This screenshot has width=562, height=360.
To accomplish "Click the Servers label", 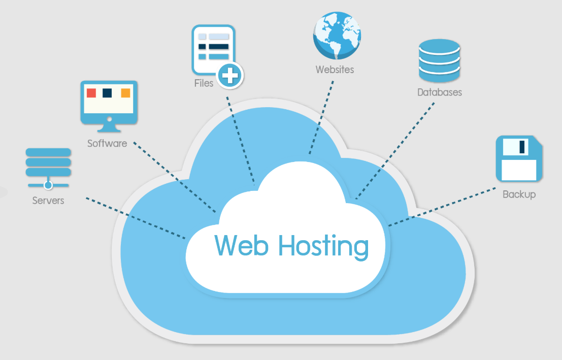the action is (x=48, y=201).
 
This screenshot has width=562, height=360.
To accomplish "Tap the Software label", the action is (x=107, y=143).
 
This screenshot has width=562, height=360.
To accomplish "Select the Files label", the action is (x=204, y=83).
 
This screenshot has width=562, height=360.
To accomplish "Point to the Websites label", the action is (x=335, y=70).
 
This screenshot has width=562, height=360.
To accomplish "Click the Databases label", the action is (x=440, y=92).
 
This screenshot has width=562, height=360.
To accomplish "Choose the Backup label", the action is (x=519, y=194).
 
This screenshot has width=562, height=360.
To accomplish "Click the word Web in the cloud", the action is (x=241, y=246).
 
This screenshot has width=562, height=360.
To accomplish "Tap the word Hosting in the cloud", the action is (x=324, y=247).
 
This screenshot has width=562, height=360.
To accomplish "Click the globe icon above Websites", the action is (x=337, y=35).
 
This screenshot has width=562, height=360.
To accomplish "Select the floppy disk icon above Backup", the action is (x=519, y=158).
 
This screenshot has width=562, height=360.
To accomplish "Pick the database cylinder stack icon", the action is (x=440, y=60).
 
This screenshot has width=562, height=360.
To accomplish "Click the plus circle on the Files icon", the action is (x=230, y=76).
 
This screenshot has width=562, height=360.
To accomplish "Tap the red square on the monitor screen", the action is (x=91, y=93).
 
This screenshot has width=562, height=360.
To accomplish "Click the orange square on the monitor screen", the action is (x=125, y=93).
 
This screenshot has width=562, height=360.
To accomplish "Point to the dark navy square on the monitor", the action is (x=107, y=93).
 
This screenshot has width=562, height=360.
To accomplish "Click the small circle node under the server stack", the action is (x=48, y=185).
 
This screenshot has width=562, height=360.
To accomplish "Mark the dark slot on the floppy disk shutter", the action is (x=522, y=147).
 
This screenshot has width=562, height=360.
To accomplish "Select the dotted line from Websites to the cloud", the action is (x=321, y=117).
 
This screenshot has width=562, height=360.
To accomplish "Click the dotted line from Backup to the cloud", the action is (x=442, y=207).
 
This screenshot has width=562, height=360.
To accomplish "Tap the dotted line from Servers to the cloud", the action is (x=136, y=218).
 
